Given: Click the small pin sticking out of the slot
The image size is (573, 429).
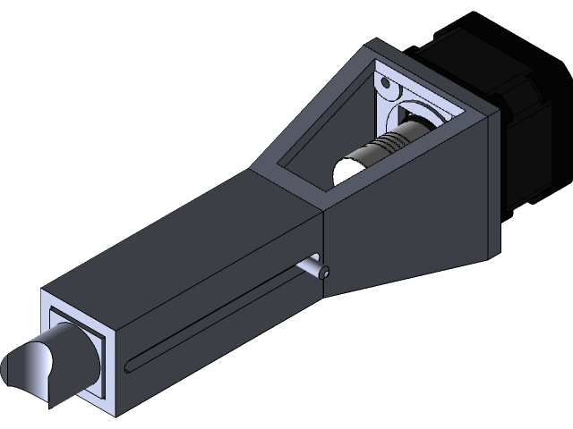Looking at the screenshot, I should tap(312, 265).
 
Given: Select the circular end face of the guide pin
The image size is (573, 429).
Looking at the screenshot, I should tap(325, 272).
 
